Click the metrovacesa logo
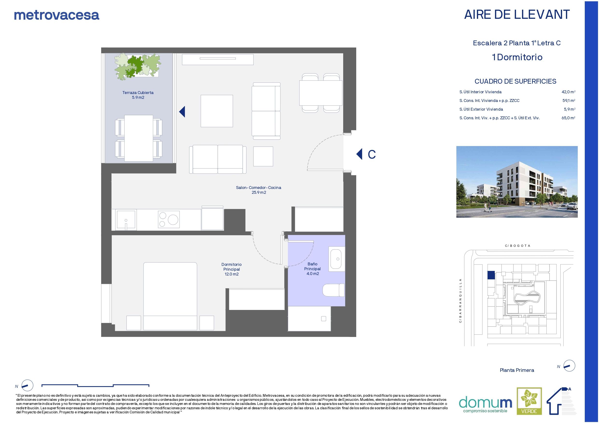click(x=57, y=15)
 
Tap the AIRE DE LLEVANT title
click(x=516, y=15)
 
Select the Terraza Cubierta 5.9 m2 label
click(x=138, y=95)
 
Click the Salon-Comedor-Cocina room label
click(x=258, y=190)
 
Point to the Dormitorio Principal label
click(x=231, y=269)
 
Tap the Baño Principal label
click(x=312, y=269)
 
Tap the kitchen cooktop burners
click(x=168, y=219)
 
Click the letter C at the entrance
click(x=371, y=154)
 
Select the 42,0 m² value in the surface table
click(x=569, y=92)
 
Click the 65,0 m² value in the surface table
click(x=569, y=118)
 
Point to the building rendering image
click(x=516, y=182)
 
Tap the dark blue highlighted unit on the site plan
click(x=491, y=275)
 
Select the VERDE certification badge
click(x=529, y=408)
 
